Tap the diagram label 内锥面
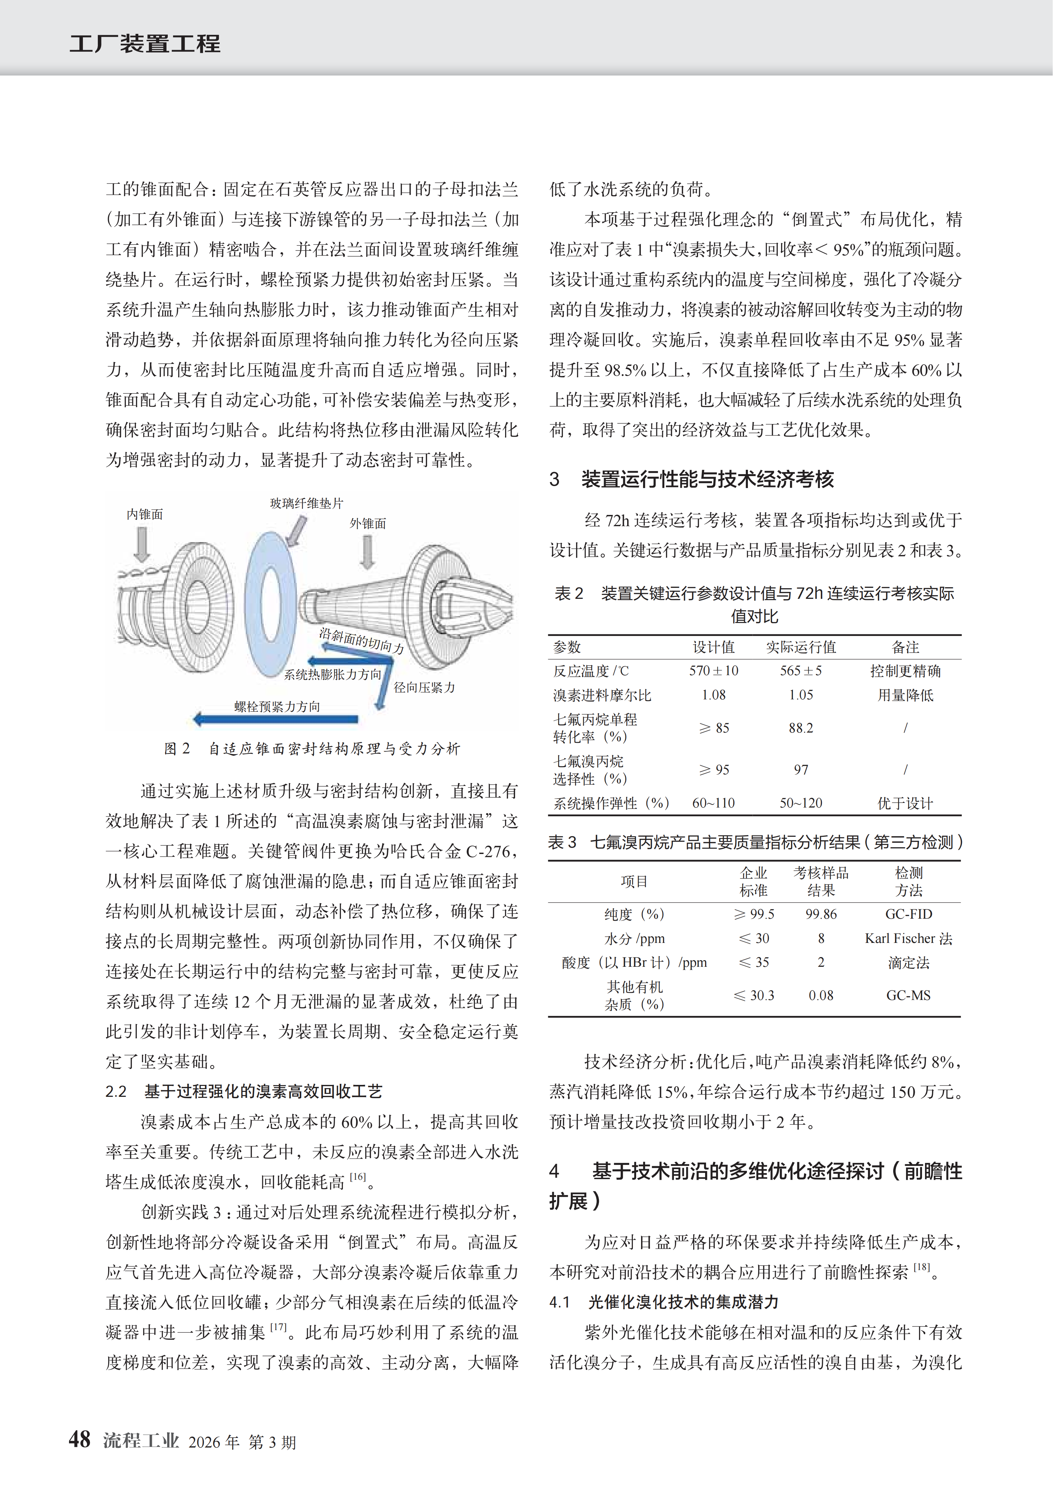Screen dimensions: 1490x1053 tap(145, 514)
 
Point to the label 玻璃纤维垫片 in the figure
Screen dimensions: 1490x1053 tap(306, 503)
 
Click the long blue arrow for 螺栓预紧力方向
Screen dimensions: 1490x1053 tap(276, 718)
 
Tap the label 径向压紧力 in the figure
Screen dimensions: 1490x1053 tap(424, 687)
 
